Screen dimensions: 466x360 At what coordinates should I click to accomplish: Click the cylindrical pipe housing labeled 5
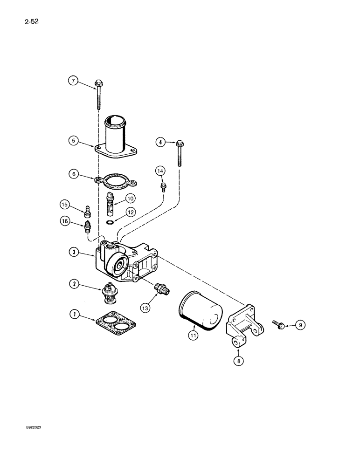point(116,135)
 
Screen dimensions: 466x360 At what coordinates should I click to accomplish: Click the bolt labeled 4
point(179,152)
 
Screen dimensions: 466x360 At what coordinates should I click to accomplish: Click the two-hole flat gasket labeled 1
point(116,324)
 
